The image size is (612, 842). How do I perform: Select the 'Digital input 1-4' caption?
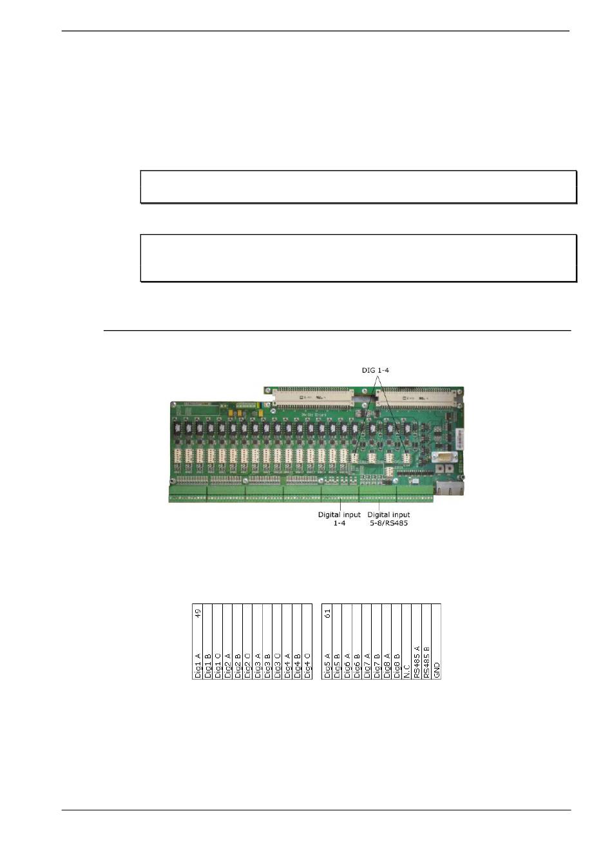coord(339,519)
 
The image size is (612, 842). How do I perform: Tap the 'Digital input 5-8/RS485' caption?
coord(388,519)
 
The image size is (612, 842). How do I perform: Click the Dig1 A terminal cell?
coord(198,665)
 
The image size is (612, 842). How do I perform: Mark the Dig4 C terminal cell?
coord(307,665)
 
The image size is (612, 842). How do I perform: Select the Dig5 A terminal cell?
coord(327,665)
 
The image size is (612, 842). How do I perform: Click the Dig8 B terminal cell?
coord(397,665)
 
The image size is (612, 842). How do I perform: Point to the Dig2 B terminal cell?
coord(238,665)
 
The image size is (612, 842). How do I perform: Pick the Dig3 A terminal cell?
coord(258,665)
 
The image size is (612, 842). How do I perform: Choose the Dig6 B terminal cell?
coord(357,665)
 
